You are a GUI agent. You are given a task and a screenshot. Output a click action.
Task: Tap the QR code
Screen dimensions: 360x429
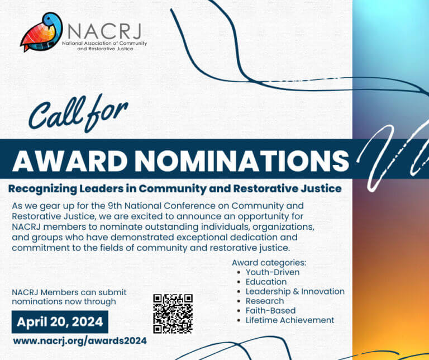pyautogui.click(x=173, y=314)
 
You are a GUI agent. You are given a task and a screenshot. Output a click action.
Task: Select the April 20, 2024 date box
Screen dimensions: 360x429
pyautogui.click(x=60, y=321)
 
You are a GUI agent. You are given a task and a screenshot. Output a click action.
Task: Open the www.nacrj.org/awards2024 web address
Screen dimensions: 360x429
pyautogui.click(x=80, y=340)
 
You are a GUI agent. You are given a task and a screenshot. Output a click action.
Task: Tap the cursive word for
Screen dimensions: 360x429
pyautogui.click(x=109, y=111)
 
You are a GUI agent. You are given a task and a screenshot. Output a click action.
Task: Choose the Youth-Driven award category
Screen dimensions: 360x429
pyautogui.click(x=273, y=272)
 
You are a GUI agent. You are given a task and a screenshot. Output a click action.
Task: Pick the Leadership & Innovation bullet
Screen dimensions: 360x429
pyautogui.click(x=295, y=291)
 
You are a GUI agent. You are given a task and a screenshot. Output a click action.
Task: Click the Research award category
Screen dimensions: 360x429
pyautogui.click(x=265, y=301)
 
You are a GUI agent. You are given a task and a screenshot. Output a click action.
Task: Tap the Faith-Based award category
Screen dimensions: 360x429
pyautogui.click(x=270, y=310)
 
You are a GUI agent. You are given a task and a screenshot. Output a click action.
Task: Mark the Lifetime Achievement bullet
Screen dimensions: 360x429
pyautogui.click(x=290, y=320)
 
